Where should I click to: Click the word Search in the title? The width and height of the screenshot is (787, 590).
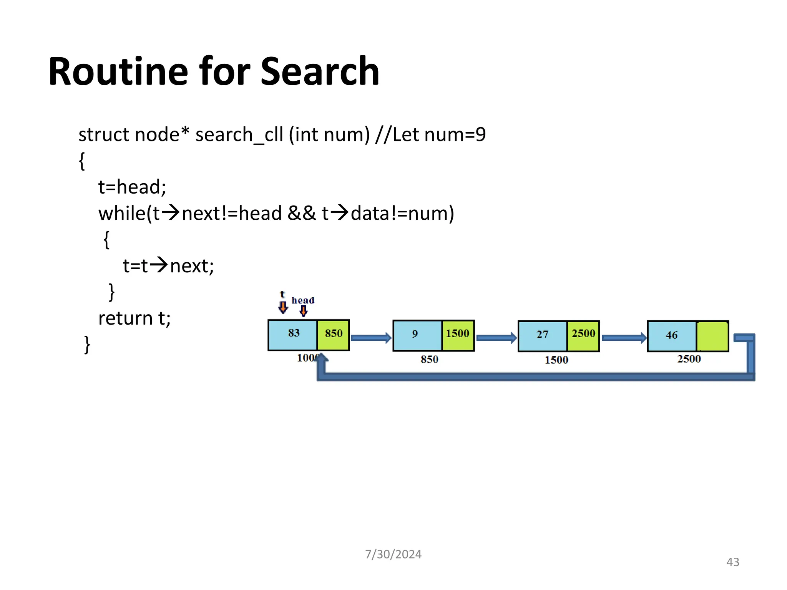(x=320, y=71)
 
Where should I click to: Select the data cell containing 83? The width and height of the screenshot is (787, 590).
(x=293, y=335)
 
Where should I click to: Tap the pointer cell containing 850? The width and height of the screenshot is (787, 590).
(x=333, y=335)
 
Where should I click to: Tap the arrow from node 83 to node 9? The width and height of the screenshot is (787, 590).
(x=371, y=338)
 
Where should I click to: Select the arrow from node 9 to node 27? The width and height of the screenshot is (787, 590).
(x=496, y=338)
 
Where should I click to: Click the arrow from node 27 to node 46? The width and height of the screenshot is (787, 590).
(x=624, y=338)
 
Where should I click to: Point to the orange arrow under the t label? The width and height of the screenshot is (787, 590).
(x=283, y=307)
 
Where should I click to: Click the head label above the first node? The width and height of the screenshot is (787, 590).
(x=303, y=300)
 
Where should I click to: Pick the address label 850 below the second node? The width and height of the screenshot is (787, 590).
(x=429, y=360)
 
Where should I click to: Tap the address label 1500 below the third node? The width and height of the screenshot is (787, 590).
(x=556, y=360)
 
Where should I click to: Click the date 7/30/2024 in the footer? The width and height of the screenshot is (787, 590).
(x=393, y=554)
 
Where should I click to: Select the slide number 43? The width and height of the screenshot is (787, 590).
(x=732, y=562)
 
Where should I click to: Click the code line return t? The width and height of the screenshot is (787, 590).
(x=134, y=318)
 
